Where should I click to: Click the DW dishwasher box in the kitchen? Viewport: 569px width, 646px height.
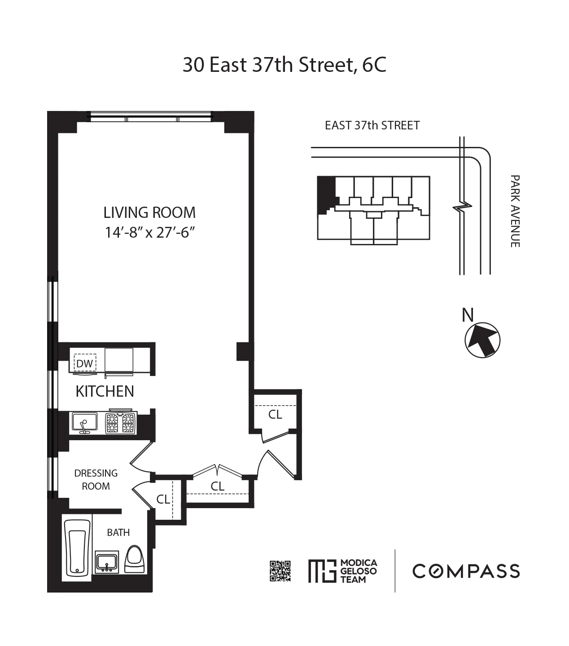(84, 363)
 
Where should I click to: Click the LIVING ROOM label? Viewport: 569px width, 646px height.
(149, 212)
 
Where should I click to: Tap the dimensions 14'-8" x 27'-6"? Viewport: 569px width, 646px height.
(149, 232)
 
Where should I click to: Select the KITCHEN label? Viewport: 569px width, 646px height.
(105, 391)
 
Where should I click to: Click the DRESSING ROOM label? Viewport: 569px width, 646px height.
(96, 479)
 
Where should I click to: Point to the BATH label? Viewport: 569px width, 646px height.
(118, 532)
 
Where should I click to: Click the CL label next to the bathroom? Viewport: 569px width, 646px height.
(163, 499)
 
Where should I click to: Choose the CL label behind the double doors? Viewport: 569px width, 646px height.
(218, 486)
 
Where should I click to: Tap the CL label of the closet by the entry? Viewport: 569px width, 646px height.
(275, 415)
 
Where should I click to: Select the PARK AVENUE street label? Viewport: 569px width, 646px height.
(515, 211)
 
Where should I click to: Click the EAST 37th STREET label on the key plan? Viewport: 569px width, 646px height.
(372, 125)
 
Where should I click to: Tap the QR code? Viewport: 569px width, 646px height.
(280, 571)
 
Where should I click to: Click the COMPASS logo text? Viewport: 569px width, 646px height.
(466, 571)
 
